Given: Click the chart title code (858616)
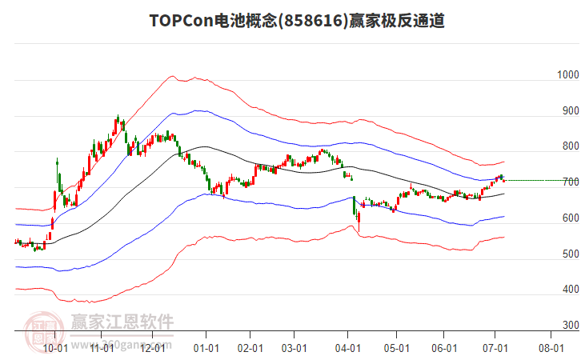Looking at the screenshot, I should coord(306,22).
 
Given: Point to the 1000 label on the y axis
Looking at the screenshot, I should coord(567,75).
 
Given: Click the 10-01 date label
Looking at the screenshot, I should coord(54,348).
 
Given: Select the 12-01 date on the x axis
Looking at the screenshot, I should coord(152,348).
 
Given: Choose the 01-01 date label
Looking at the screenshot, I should coord(206,348).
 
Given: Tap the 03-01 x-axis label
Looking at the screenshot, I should coord(294,348).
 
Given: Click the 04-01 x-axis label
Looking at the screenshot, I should coord(347,348).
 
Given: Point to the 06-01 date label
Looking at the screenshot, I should coord(443,348).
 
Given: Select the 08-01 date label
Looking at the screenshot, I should coord(551,348).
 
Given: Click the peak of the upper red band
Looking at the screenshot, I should coord(171,77).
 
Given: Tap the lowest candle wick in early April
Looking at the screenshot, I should coord(359,231).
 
